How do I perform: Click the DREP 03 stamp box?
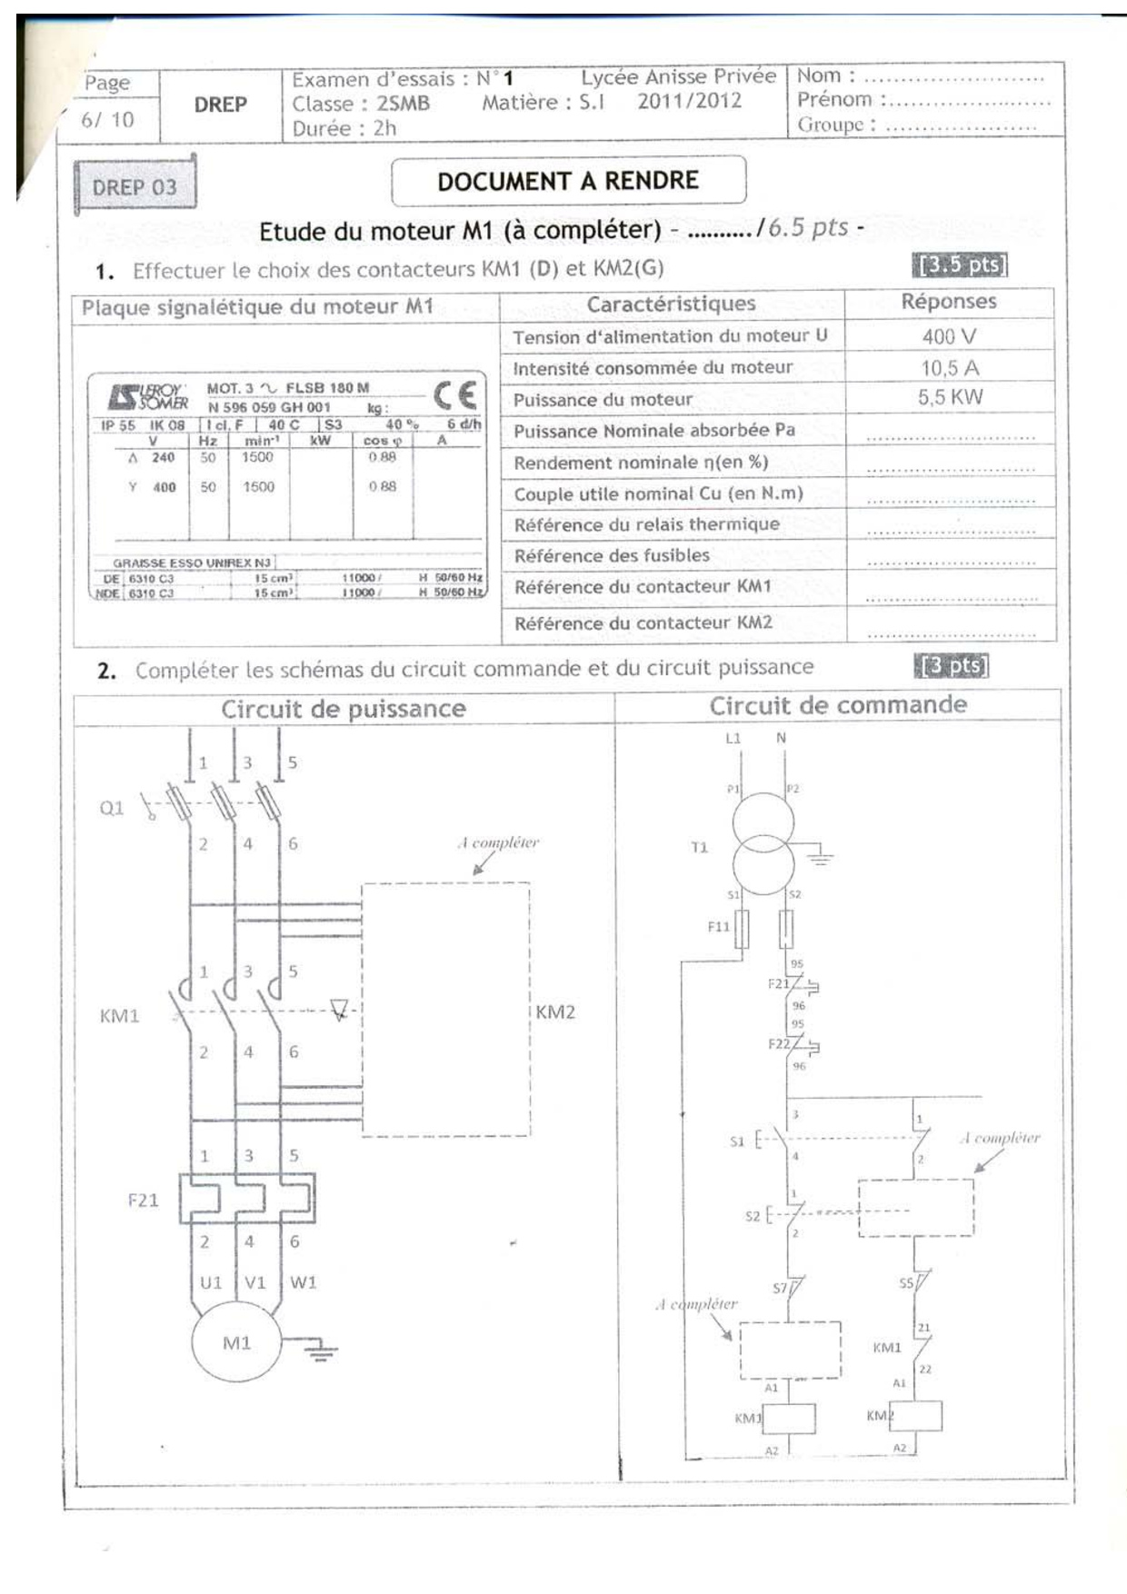tap(135, 186)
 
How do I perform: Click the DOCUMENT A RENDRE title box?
tap(568, 181)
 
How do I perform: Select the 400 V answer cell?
tap(949, 336)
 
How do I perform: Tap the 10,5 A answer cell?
tap(949, 368)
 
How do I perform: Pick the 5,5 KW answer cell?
tap(949, 397)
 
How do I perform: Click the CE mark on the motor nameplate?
tap(454, 395)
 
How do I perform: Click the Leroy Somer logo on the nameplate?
tap(147, 397)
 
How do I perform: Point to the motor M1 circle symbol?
tap(236, 1343)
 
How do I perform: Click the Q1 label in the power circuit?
tap(111, 808)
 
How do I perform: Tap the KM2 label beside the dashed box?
tap(555, 1012)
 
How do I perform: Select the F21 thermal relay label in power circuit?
tap(143, 1200)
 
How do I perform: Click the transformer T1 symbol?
tap(763, 838)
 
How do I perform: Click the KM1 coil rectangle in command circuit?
tap(788, 1418)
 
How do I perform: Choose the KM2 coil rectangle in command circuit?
tap(915, 1415)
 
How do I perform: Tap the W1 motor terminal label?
tap(303, 1282)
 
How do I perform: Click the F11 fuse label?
tap(718, 926)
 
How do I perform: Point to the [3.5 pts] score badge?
tap(960, 265)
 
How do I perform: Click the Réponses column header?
tap(949, 302)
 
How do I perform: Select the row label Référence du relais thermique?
tap(646, 524)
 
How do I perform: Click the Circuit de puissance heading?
tap(343, 709)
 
